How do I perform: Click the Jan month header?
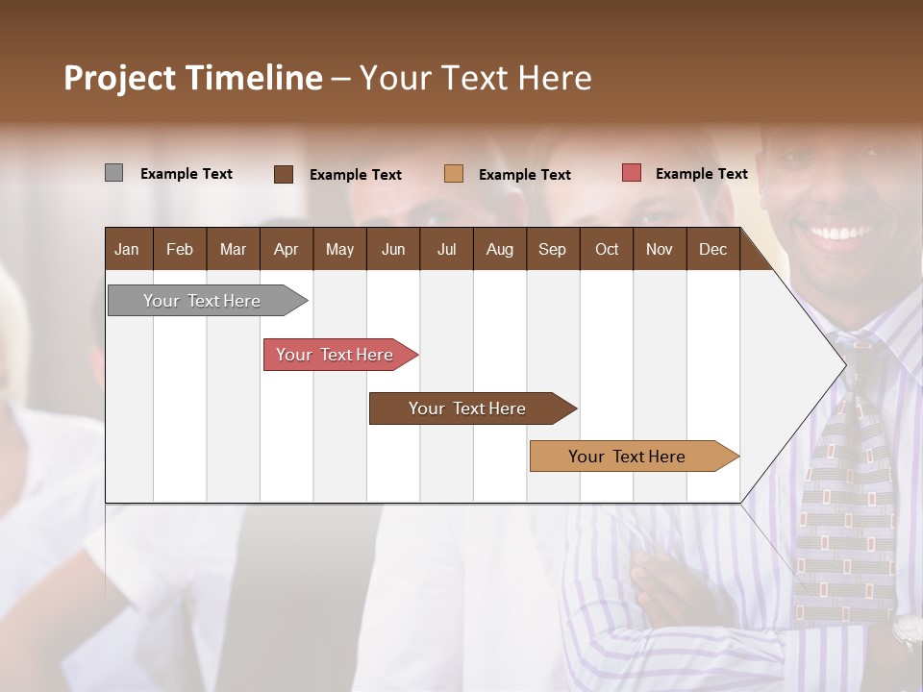click(x=127, y=249)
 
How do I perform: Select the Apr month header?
click(x=286, y=249)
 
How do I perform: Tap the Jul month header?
click(x=446, y=249)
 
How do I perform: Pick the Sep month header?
click(x=552, y=249)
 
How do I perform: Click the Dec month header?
click(x=712, y=249)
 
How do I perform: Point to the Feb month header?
click(x=180, y=249)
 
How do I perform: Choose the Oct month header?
click(x=607, y=249)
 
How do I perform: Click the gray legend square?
click(x=113, y=173)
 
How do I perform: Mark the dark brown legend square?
click(x=284, y=174)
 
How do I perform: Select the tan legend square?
click(x=454, y=173)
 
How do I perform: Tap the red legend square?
click(x=632, y=173)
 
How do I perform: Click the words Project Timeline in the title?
click(x=193, y=78)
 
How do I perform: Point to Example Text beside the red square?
click(x=701, y=174)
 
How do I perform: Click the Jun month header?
click(x=393, y=249)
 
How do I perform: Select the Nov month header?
click(x=660, y=249)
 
